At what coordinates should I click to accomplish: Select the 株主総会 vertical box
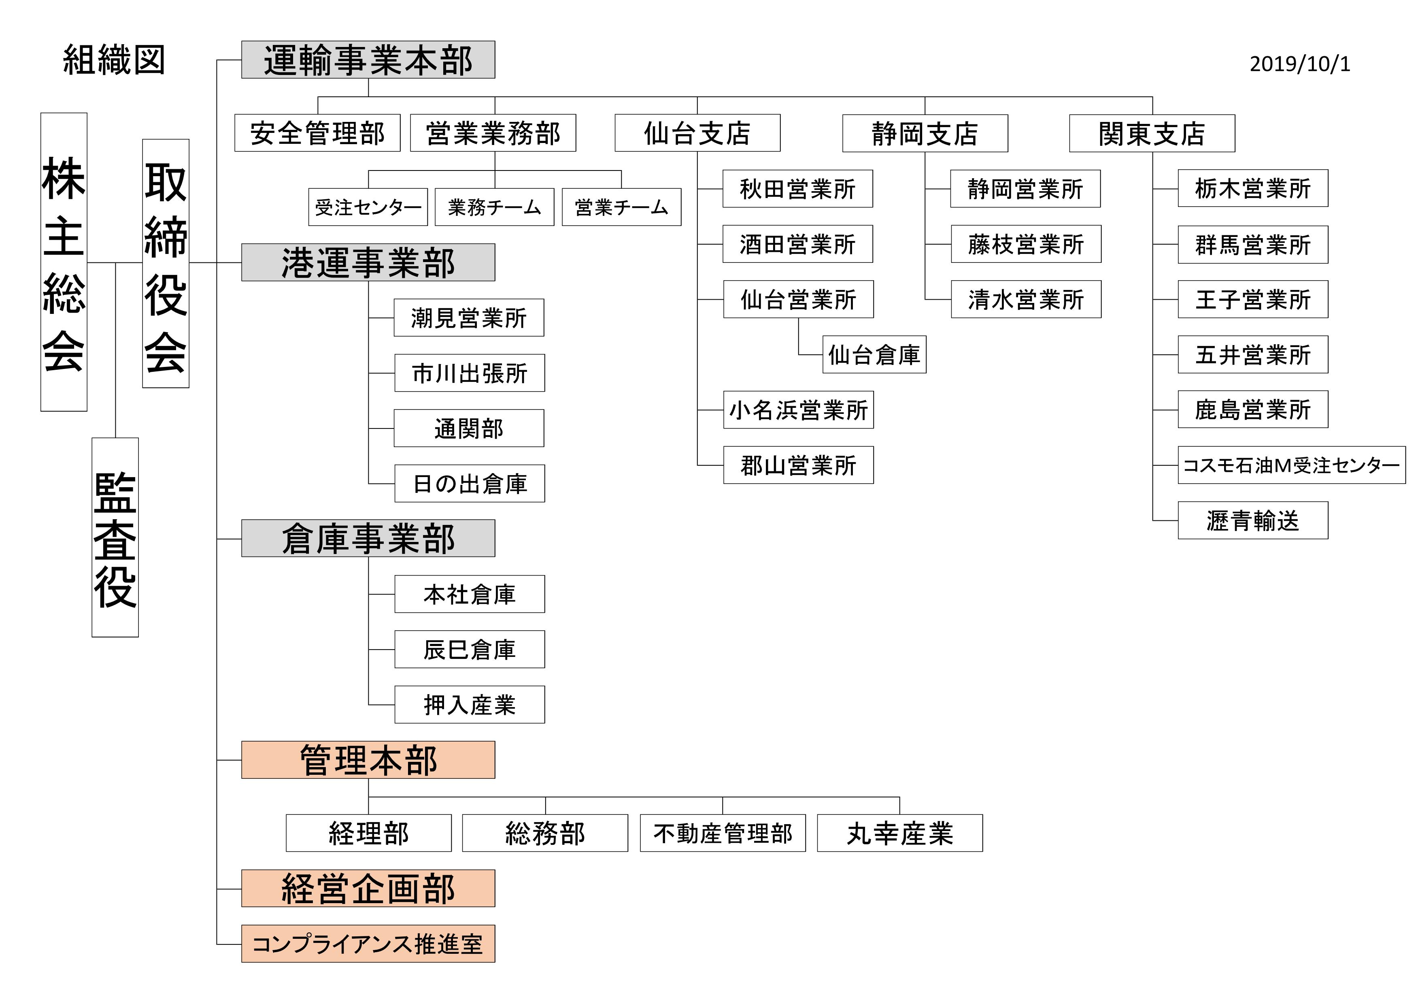coord(64,262)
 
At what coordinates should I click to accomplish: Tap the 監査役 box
coord(115,537)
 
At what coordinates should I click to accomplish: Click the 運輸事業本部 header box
coord(368,60)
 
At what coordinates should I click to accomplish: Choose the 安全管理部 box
coord(317,132)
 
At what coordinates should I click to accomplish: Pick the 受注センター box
coord(368,207)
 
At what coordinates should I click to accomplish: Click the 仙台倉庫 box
coord(874,354)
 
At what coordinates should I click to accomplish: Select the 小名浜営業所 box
coord(798,409)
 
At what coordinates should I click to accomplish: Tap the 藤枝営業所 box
coord(1026,244)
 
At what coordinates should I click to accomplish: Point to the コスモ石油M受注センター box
coord(1291,465)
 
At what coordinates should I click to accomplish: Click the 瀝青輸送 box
coord(1253,520)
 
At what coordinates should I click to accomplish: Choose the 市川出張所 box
coord(470,373)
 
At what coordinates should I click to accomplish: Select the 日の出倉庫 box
coord(470,483)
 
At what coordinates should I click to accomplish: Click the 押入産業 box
coord(470,705)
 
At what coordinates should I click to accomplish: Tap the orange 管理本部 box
coord(368,760)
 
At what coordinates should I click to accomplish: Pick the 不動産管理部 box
coord(723,833)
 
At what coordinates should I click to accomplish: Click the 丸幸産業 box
coord(900,833)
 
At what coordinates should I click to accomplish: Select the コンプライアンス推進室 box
coord(368,943)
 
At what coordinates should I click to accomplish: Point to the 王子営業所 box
coord(1253,299)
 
